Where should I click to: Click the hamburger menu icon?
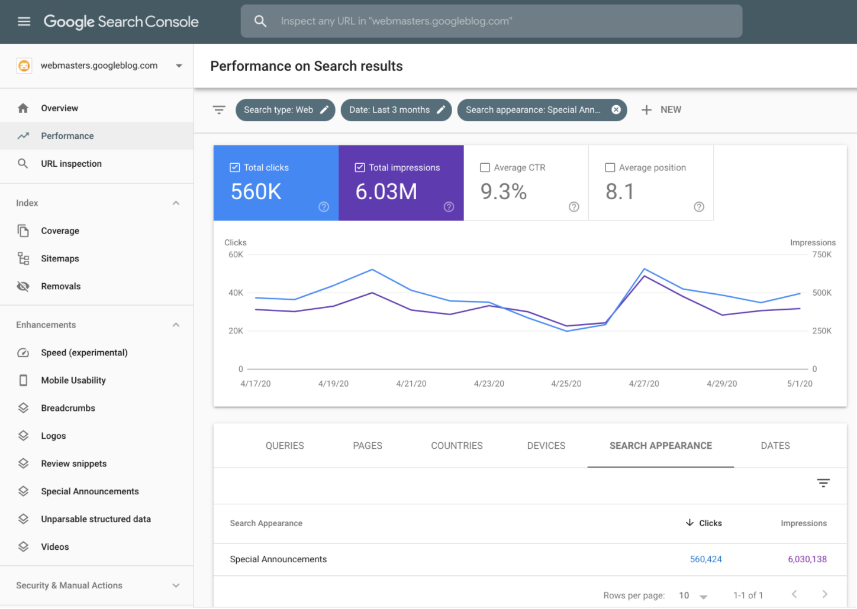point(24,22)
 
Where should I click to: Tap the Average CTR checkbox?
point(485,168)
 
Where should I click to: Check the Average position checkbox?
point(610,168)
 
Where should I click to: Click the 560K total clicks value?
point(256,192)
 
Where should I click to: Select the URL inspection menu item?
point(71,164)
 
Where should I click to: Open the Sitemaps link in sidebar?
point(60,258)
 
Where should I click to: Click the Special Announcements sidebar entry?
point(89,491)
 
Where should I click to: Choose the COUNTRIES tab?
point(456,446)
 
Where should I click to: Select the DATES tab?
point(775,446)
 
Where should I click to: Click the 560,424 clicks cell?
point(705,559)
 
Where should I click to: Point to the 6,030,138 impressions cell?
point(807,559)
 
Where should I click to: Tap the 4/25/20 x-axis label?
point(566,384)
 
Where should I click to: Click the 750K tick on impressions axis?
point(821,255)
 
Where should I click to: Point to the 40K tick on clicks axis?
point(236,293)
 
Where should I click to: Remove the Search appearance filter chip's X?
point(616,109)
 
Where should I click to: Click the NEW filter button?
point(662,110)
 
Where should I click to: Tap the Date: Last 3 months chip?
point(396,110)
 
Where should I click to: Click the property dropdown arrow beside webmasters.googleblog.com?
point(179,66)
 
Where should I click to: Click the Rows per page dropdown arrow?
point(703,597)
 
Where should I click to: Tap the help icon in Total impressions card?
point(449,207)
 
